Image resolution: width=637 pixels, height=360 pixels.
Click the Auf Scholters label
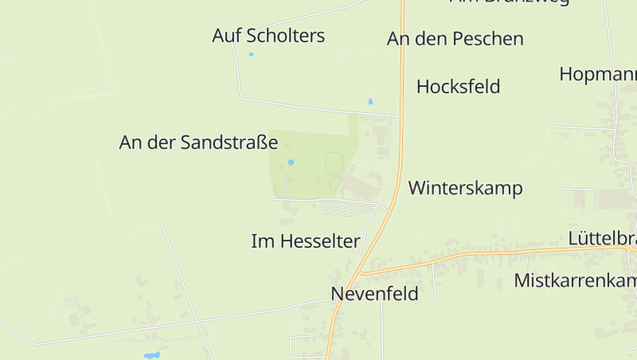coord(268,36)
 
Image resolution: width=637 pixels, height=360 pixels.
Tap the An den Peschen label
coord(455,39)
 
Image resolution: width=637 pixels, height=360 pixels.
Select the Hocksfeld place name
coord(458,87)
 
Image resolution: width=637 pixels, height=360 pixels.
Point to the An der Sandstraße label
coord(198,143)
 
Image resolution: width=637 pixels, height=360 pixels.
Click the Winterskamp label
coord(465,189)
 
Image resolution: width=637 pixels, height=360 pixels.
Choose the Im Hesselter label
coord(305,241)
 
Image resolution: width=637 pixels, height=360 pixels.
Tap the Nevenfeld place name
coord(374,294)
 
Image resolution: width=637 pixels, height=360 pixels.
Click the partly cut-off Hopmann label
coord(598,74)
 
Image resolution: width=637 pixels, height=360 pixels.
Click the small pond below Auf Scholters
coord(251,54)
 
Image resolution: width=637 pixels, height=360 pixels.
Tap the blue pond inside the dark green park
coord(291,162)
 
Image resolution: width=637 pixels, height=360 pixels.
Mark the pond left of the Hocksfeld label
coord(370,102)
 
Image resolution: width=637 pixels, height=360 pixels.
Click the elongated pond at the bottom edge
coord(150,354)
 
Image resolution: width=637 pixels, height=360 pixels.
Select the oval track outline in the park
coord(334,164)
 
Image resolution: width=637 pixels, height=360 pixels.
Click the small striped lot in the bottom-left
coord(71,303)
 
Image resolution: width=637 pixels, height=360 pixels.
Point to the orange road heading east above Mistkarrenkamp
coord(494,254)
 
